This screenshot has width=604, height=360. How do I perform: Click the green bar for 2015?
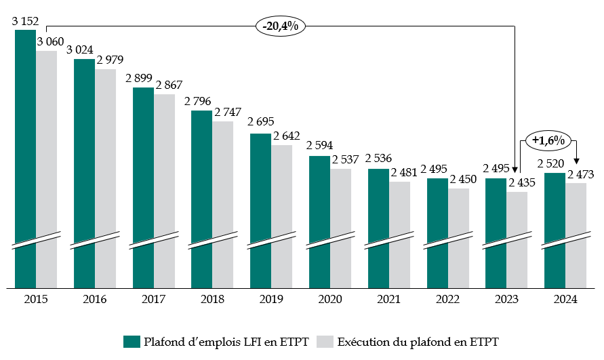click(x=25, y=159)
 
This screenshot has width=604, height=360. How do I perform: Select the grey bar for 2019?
click(x=282, y=216)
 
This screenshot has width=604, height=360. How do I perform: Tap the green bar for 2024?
click(x=555, y=230)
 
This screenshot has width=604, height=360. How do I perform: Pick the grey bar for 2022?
click(x=458, y=237)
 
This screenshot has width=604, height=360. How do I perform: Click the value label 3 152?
click(x=25, y=22)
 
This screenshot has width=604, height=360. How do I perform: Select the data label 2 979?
click(x=110, y=61)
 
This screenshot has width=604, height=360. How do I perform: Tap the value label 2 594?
click(x=320, y=145)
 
